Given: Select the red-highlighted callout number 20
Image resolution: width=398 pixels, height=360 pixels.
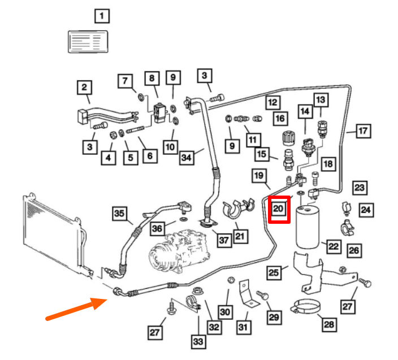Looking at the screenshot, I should pos(279,209).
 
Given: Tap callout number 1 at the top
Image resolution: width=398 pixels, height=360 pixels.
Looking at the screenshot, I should pos(101,16).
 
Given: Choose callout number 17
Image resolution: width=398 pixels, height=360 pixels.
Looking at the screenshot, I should pos(362,131).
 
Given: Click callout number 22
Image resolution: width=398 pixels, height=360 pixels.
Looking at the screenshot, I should pos(334,246).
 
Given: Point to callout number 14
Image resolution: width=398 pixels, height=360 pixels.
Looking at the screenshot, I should pos(305,112).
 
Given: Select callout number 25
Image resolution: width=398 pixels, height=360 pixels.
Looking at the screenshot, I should pos(274,274).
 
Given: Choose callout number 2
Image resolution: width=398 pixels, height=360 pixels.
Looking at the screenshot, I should pos(84,88).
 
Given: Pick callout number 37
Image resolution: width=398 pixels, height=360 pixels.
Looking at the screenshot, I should pos(224,241).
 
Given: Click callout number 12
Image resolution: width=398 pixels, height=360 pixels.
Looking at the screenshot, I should pos(273,102).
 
